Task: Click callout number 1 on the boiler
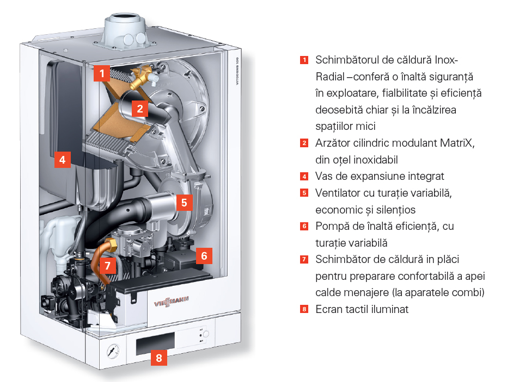tap(102, 73)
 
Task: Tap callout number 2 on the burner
tap(139, 108)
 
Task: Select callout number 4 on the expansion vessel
tap(63, 160)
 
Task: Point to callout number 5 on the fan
tap(184, 203)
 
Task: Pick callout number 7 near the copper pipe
tap(108, 266)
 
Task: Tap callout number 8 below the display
tap(158, 358)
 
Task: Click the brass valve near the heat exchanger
tap(142, 73)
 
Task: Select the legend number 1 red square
tap(304, 60)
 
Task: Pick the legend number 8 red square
tap(304, 310)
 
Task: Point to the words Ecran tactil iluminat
tap(362, 309)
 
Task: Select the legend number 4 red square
tap(304, 177)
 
